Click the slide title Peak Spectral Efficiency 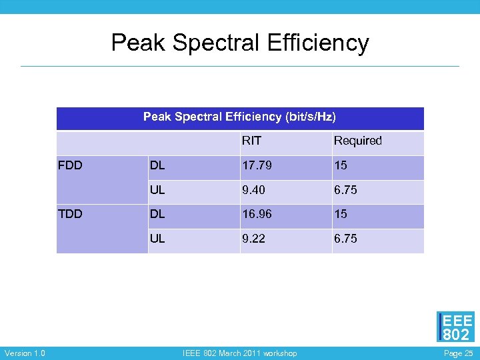(x=240, y=43)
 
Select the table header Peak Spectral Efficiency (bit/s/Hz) (x=239, y=117)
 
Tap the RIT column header (x=251, y=141)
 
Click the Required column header (x=357, y=141)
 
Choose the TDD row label (x=71, y=214)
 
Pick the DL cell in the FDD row (x=158, y=165)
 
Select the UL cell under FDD (x=157, y=190)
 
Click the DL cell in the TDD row (x=158, y=214)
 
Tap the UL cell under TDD (x=157, y=239)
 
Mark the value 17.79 (x=257, y=165)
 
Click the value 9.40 (x=254, y=190)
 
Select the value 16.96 (x=257, y=214)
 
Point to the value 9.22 (x=254, y=239)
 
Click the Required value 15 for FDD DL (x=341, y=165)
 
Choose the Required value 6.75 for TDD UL (x=345, y=239)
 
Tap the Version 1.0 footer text (x=25, y=353)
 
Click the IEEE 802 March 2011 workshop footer (x=240, y=353)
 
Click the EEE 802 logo (x=456, y=327)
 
